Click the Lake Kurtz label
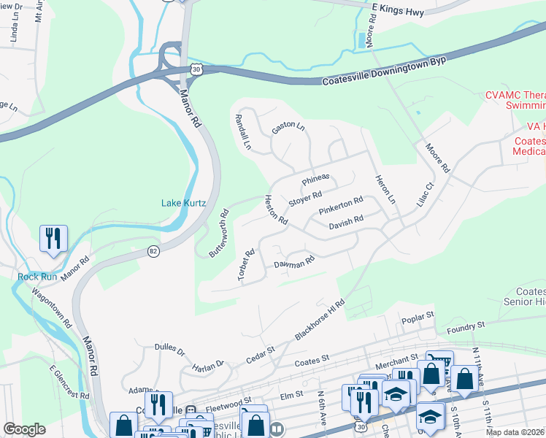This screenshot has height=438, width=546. [x=182, y=203]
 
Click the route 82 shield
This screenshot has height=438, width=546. [x=153, y=251]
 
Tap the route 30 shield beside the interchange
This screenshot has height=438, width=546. [x=195, y=69]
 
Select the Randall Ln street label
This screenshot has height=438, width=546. [x=242, y=132]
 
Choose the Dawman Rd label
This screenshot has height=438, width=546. [x=293, y=263]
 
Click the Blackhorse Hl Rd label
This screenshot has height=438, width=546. [x=319, y=318]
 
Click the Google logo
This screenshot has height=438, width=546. [x=24, y=429]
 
